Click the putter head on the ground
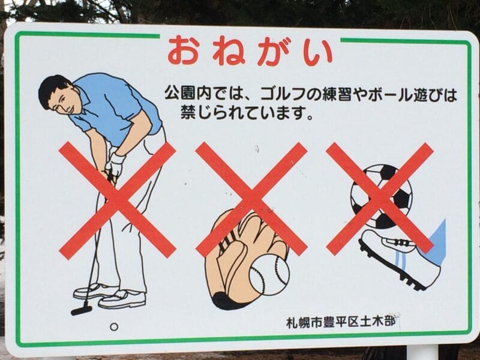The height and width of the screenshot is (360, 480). click(x=81, y=310)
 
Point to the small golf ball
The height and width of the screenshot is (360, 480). click(x=114, y=327)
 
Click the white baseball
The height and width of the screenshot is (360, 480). click(x=269, y=275)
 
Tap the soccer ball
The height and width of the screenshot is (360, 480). click(x=381, y=196)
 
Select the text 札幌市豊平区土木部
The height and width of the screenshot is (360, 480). click(x=341, y=322)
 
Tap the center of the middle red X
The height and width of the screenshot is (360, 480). click(x=251, y=200)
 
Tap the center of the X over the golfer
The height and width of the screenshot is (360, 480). click(x=117, y=200)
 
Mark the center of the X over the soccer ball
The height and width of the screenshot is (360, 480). click(x=380, y=199)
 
